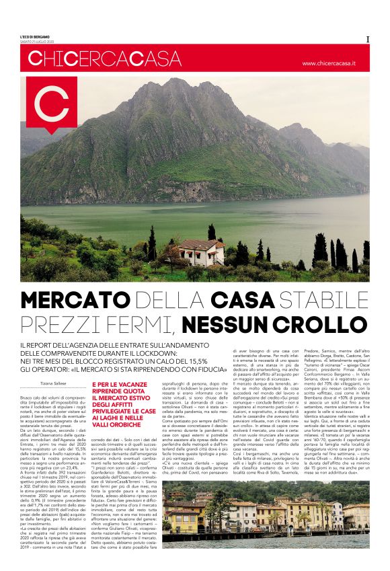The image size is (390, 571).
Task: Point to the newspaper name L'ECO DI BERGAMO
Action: pyautogui.click(x=40, y=36)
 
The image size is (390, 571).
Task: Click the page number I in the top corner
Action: pyautogui.click(x=368, y=39)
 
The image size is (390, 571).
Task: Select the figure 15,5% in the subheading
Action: pyautogui.click(x=192, y=360)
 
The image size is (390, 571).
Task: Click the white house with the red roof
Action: pyautogui.click(x=202, y=252)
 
